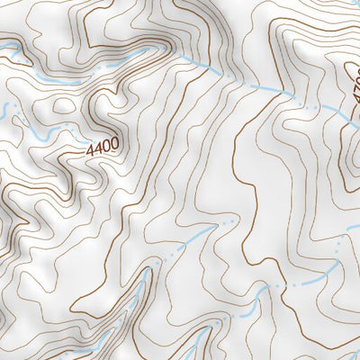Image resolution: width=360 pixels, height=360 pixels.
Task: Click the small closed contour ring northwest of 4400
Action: (63, 106)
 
